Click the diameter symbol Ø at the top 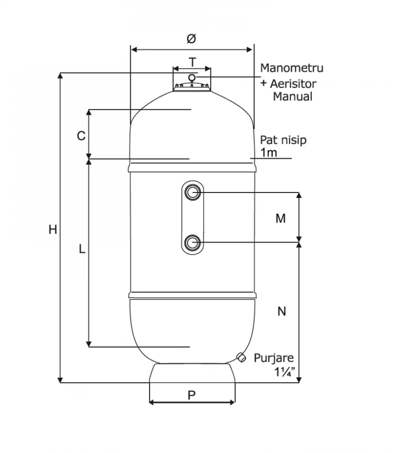(192, 38)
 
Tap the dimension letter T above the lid (192, 62)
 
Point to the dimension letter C (81, 136)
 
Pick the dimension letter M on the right (280, 219)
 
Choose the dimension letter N (282, 311)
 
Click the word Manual (293, 97)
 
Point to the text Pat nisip (283, 140)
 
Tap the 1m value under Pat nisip (269, 152)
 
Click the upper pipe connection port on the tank (193, 192)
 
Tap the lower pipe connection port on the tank (193, 242)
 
